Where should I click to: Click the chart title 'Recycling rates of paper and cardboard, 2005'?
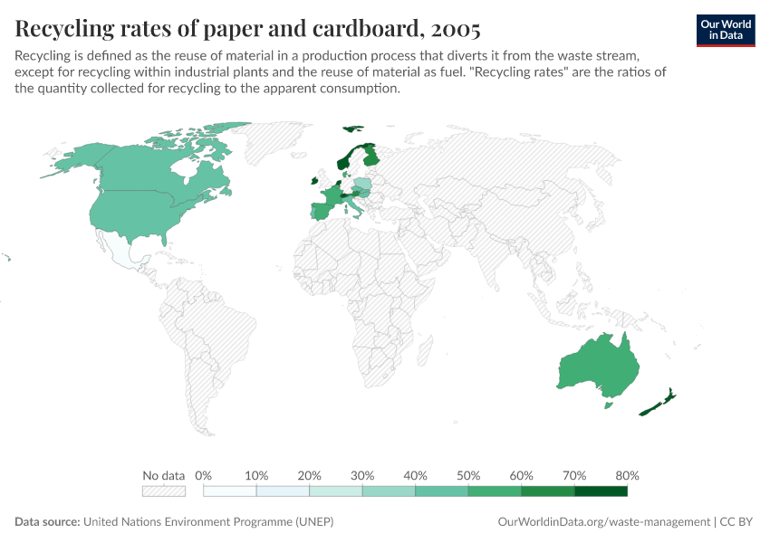coord(247,29)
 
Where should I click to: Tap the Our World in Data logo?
coord(725,30)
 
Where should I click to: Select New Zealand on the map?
coord(659,404)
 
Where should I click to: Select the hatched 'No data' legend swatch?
coord(164,491)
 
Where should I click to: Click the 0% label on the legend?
coord(204,475)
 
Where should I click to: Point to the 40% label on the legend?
coord(415,475)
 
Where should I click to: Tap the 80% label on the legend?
coord(627,475)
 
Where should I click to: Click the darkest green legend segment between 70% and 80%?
coord(601,491)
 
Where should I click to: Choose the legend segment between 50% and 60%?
coord(495,491)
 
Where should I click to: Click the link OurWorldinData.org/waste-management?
coord(604,522)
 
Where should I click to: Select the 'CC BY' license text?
coord(737,522)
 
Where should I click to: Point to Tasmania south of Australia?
coord(609,405)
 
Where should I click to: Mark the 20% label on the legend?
coord(310,475)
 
